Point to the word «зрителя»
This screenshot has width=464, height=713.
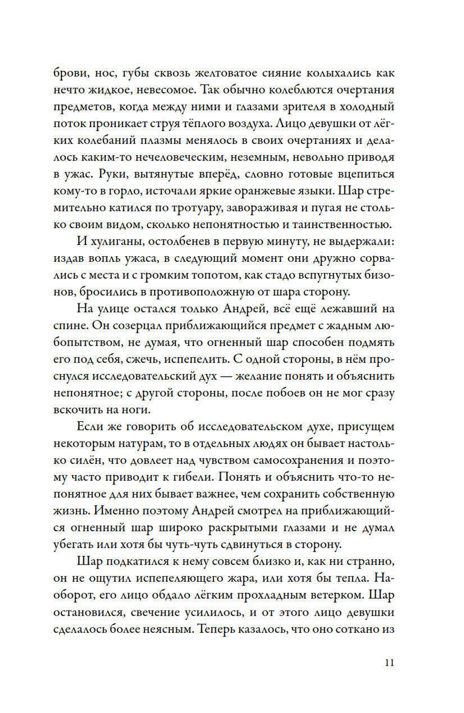pyautogui.click(x=304, y=107)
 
